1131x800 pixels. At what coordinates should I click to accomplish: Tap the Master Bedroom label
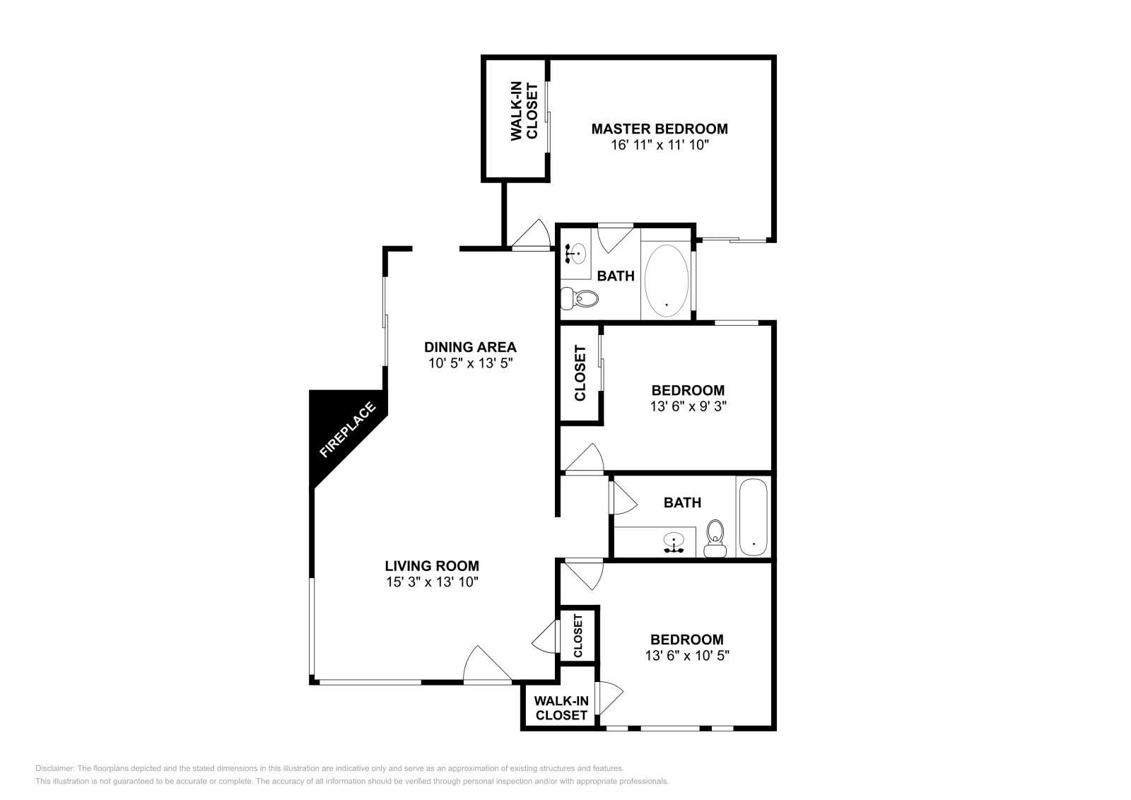pos(659,129)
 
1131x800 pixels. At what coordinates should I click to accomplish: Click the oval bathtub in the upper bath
pos(667,281)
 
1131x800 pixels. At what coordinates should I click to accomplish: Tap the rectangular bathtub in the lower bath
pos(753,518)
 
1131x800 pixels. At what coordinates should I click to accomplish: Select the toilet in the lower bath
pos(715,539)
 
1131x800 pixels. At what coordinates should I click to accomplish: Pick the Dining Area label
pos(470,347)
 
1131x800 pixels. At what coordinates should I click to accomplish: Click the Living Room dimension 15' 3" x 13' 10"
pos(432,582)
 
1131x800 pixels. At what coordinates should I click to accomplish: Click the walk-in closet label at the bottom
pos(561,707)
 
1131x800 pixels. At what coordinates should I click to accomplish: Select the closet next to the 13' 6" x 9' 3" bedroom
pos(580,372)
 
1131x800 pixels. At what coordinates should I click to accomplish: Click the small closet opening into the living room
pos(578,635)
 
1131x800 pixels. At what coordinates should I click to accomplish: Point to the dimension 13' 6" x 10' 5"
pos(687,655)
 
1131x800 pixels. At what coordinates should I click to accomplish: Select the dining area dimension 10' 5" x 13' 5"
pos(470,364)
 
